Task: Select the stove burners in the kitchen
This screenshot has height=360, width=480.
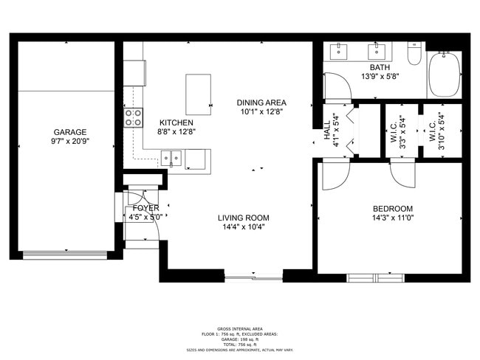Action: pos(133,117)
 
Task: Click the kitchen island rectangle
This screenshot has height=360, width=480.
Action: pos(198,94)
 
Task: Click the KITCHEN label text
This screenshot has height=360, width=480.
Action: pos(176,122)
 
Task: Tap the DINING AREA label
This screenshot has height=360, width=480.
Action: pos(261,103)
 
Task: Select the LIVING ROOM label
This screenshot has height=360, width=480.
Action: pos(243,218)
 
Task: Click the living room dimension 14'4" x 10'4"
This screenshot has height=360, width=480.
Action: pos(243,227)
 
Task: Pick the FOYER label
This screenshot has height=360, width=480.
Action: pos(146,208)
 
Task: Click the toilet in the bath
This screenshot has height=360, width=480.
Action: pos(414,55)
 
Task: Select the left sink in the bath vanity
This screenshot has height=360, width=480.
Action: pos(340,51)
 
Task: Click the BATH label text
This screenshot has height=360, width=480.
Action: pos(380,67)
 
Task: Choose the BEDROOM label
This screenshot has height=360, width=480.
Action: pos(392,209)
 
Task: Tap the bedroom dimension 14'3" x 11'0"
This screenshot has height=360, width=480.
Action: pos(392,218)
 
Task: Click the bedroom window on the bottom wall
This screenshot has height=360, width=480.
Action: pos(377,277)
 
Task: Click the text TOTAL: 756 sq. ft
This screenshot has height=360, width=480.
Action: pos(240,345)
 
